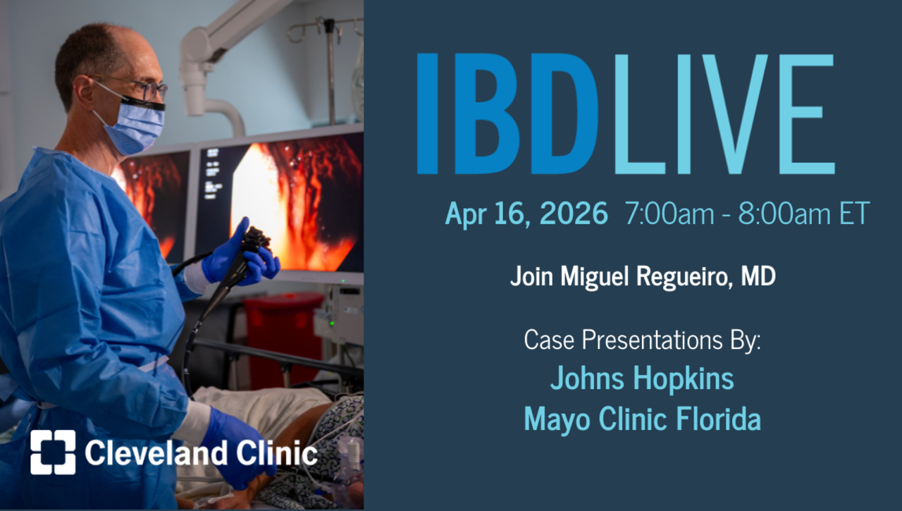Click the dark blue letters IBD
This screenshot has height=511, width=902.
pos(507,114)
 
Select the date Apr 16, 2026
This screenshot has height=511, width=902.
pos(526,214)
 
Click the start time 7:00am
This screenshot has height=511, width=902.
pos(669,214)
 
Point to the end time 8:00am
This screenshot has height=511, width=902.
pos(783,214)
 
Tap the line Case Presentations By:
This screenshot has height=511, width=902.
pos(642,340)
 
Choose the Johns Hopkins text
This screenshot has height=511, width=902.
pos(642,378)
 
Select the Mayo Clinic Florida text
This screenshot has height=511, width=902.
pos(642,419)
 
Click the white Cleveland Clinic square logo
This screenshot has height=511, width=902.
pos(53,452)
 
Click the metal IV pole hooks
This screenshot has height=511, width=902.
pos(328,28)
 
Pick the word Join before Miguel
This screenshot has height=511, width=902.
pos(531,276)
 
